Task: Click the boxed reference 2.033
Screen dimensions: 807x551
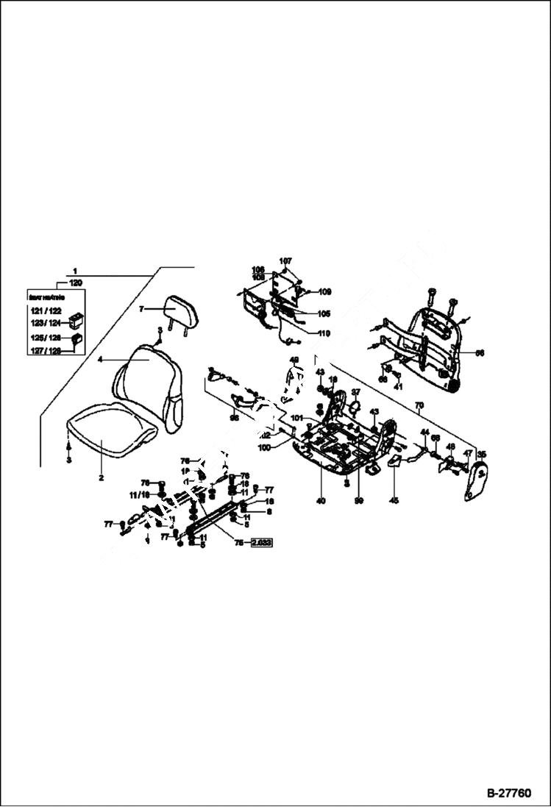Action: pos(262,544)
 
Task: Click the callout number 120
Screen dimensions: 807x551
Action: pos(75,282)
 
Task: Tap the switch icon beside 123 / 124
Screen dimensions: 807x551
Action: pos(76,321)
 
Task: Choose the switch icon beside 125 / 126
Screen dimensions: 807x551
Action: pos(76,340)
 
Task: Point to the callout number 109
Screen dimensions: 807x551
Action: pos(324,292)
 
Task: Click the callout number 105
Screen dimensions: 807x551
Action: pos(324,313)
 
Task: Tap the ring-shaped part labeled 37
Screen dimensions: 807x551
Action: pos(354,405)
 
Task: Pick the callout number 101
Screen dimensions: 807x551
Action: pos(296,418)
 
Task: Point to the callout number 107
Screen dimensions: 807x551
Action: pos(285,260)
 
